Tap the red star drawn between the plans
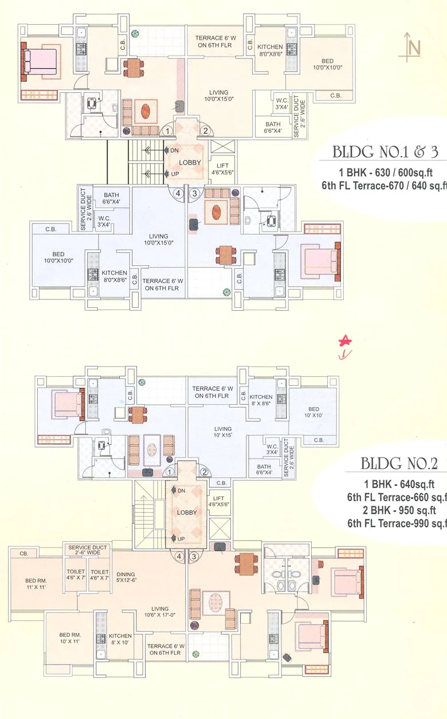346,342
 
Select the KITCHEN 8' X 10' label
120,639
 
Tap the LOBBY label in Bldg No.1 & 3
190,162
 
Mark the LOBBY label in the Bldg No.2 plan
187,513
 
